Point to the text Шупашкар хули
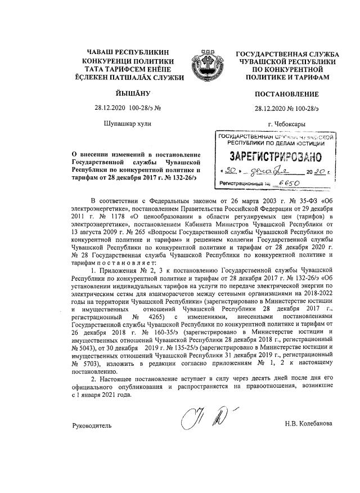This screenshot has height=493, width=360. pyautogui.click(x=128, y=123)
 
